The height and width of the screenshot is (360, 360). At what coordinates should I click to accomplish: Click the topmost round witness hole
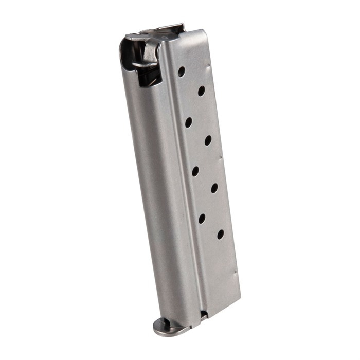coord(182,71)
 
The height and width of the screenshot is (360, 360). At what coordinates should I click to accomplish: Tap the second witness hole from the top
coord(201,91)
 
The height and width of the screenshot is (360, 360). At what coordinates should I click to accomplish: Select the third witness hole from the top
coord(189,122)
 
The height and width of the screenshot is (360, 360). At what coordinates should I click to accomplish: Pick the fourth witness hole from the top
coord(208,140)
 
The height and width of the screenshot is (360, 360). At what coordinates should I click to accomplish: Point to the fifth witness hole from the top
coord(195,171)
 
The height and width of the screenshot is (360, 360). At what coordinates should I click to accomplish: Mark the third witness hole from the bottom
coord(214,188)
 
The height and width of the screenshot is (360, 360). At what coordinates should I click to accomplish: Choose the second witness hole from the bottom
coord(202,218)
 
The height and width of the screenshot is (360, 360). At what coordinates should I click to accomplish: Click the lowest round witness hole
coord(220,234)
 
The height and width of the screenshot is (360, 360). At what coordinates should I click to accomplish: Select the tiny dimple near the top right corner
coord(209,65)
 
